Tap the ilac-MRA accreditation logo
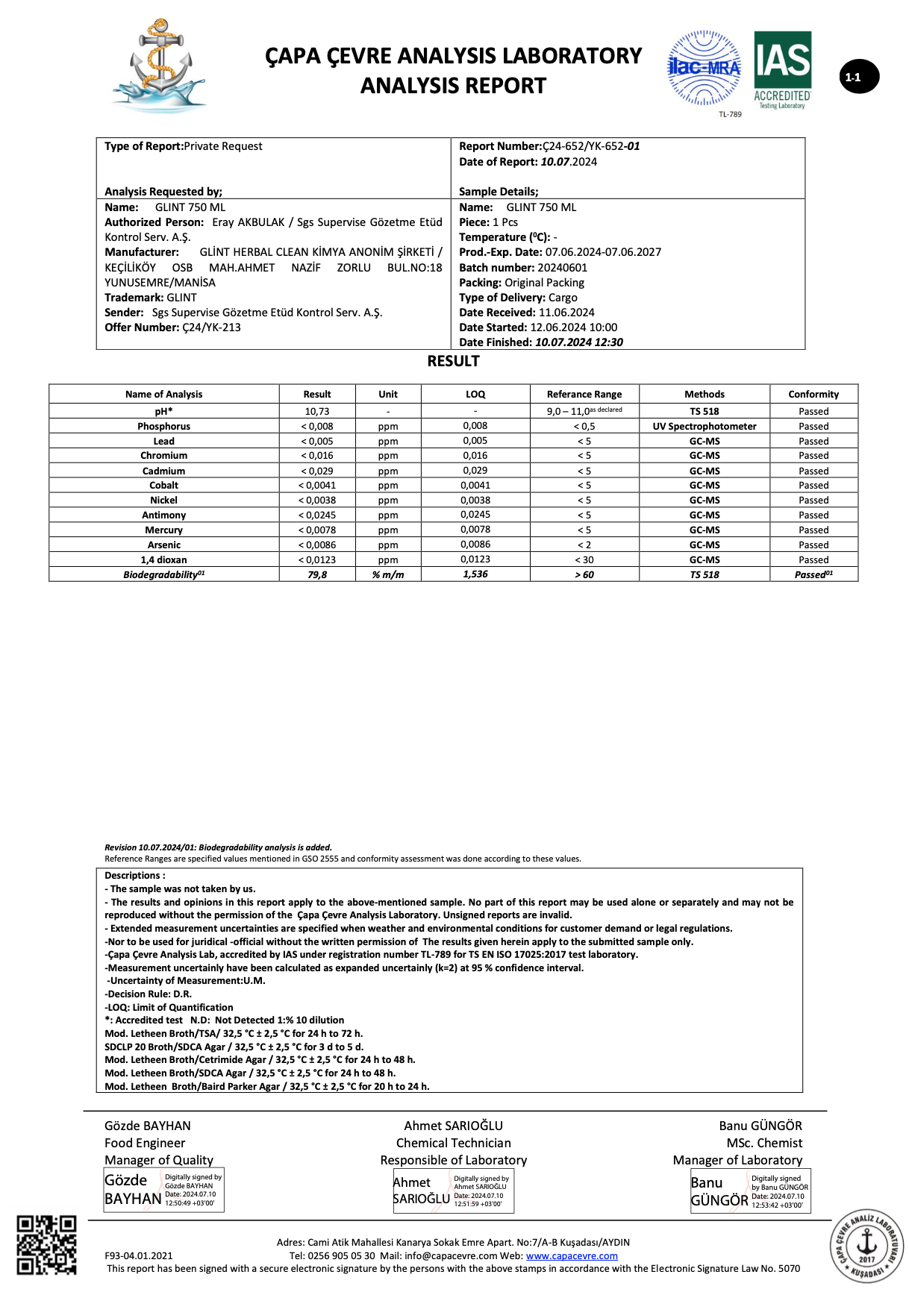click(704, 69)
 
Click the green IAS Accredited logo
click(782, 70)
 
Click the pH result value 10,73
click(317, 411)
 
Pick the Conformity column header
click(813, 394)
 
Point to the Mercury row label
click(163, 530)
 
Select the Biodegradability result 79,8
click(317, 574)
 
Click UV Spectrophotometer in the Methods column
click(705, 426)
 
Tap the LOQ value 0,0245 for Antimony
click(475, 515)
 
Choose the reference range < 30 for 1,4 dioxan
click(584, 559)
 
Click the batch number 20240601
click(562, 267)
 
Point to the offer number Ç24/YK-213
click(212, 327)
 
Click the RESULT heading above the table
click(453, 361)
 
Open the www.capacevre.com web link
click(572, 1255)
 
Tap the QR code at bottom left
click(47, 1245)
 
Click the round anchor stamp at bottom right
click(866, 1245)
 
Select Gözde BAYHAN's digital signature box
click(163, 1190)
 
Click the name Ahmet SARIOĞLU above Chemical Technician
click(453, 1126)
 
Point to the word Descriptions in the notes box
click(132, 876)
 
